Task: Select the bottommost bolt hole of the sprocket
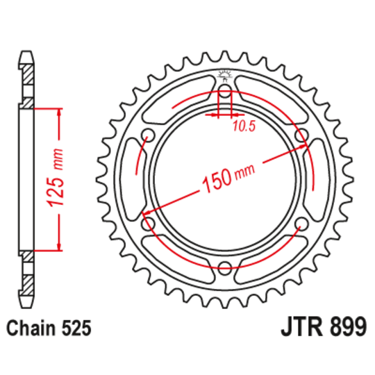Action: point(226,269)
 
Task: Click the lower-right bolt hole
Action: point(301,224)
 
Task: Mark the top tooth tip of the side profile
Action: point(26,52)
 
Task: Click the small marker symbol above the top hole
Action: point(225,76)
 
